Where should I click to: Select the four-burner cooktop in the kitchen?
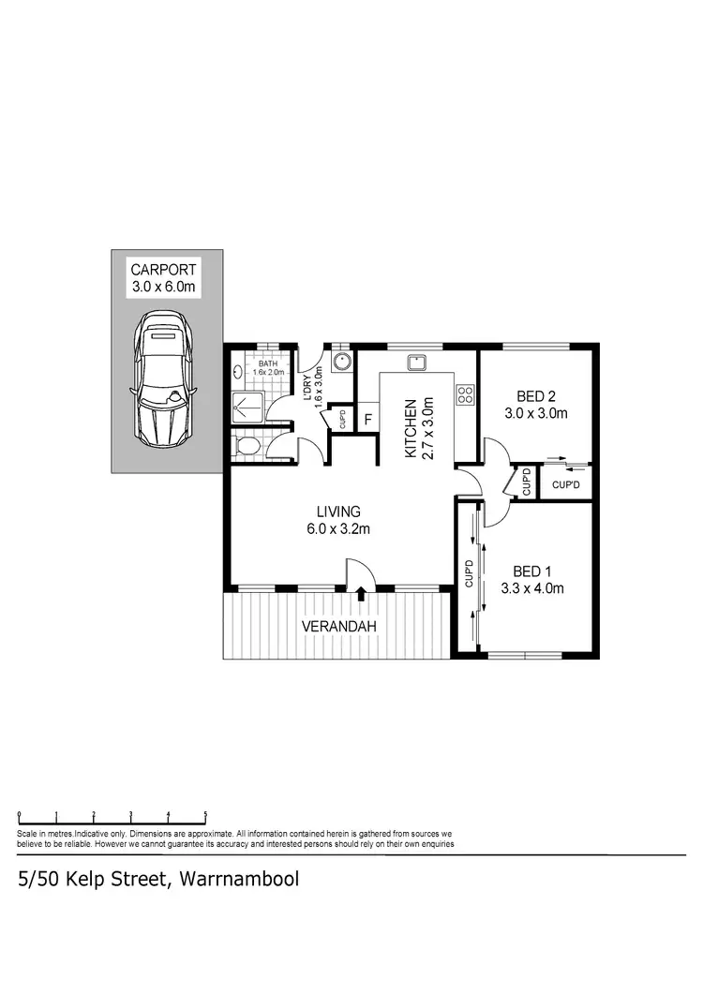[x=464, y=393]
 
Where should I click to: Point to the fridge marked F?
[x=368, y=418]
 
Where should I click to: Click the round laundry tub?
[x=343, y=362]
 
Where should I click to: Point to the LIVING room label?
[x=338, y=512]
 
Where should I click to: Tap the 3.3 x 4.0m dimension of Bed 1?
[x=532, y=588]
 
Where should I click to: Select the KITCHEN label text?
[x=411, y=429]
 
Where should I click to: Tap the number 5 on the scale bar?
[x=205, y=814]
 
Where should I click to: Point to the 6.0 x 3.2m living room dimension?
[x=338, y=528]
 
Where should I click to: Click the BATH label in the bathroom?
[x=268, y=363]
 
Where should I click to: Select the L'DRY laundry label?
[x=307, y=385]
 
